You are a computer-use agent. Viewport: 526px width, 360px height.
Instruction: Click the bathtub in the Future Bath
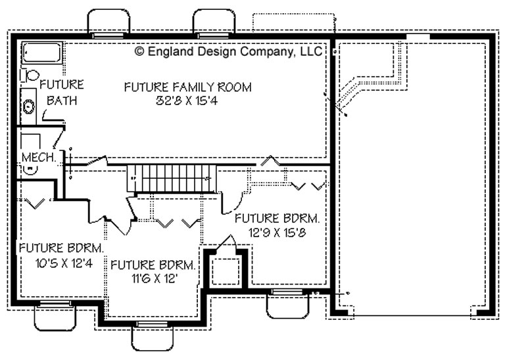[x=41, y=53]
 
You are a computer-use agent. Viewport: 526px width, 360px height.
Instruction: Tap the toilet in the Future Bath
[x=30, y=75]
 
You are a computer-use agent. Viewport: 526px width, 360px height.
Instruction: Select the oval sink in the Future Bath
[x=29, y=106]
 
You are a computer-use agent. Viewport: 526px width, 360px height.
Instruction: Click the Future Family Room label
[x=187, y=87]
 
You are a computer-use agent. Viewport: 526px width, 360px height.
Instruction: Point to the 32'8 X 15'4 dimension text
[x=187, y=101]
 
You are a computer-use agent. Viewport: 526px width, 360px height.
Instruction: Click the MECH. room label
[x=39, y=157]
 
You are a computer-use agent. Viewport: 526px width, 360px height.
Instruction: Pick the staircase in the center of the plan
[x=172, y=178]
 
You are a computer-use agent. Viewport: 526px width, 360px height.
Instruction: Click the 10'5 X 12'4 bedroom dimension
[x=64, y=263]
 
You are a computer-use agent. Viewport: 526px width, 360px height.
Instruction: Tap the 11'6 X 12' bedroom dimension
[x=155, y=279]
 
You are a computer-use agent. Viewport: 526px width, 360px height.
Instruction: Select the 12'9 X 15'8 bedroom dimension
[x=277, y=233]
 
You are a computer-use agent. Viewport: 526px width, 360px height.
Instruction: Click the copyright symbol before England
[x=139, y=51]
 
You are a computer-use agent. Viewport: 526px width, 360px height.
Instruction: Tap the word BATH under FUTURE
[x=62, y=101]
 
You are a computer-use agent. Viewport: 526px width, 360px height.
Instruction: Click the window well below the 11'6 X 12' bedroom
[x=153, y=337]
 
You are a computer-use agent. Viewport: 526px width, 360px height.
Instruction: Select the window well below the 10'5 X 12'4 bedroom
[x=55, y=316]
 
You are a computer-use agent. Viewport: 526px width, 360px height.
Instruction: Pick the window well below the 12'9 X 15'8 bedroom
[x=287, y=304]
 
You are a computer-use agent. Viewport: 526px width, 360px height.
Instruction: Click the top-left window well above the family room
[x=108, y=23]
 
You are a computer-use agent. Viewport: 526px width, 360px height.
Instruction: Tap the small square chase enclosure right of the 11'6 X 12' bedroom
[x=226, y=270]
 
